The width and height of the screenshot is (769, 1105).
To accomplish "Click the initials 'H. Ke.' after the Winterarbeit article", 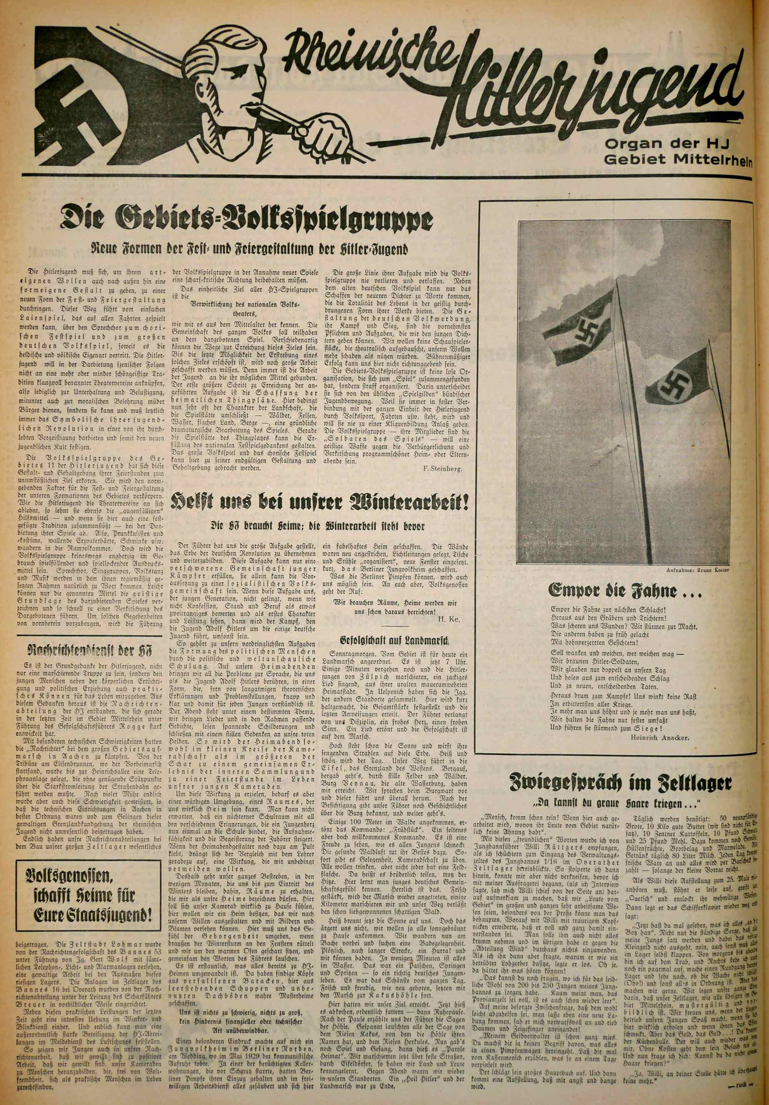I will click(x=450, y=619).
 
